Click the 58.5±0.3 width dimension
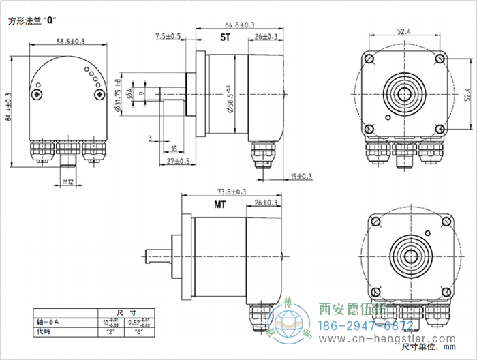70,42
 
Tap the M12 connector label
68,182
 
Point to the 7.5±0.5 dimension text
168,35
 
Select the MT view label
220,205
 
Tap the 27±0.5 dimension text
178,162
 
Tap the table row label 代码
44,332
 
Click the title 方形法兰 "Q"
31,20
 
